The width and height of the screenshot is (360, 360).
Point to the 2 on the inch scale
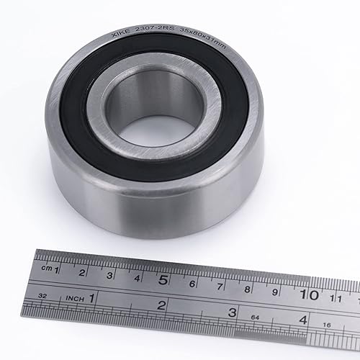point(161,305)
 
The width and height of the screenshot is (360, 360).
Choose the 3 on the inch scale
point(232,313)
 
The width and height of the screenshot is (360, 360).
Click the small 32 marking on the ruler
point(42,295)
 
